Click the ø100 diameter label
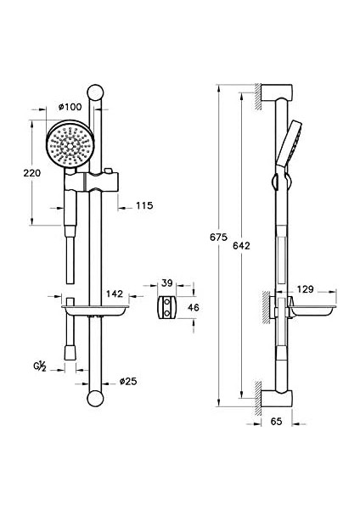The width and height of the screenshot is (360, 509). [70, 107]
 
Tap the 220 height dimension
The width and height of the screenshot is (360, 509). [32, 173]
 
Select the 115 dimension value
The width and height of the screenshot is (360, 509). [144, 205]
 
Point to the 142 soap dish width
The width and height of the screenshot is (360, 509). [115, 294]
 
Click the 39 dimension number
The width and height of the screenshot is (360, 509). [166, 283]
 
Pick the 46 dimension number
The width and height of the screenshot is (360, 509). [194, 307]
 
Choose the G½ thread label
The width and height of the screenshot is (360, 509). [40, 366]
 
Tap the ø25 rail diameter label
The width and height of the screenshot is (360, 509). [128, 381]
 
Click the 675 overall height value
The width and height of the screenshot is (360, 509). [218, 238]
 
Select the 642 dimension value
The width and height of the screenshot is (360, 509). [241, 246]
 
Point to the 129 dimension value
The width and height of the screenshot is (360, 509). [305, 289]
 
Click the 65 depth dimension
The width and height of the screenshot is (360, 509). [276, 422]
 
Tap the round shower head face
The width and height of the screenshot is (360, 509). [70, 145]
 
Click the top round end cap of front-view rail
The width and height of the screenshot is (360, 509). [96, 92]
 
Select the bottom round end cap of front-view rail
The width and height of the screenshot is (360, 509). [95, 399]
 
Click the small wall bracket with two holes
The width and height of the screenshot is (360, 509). [167, 307]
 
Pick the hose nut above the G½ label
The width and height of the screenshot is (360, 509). [70, 353]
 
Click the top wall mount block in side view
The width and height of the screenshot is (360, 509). [277, 92]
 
